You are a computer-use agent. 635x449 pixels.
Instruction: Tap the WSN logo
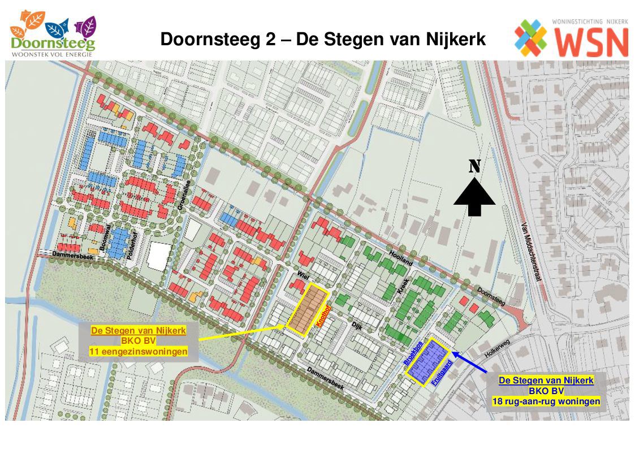[571, 37]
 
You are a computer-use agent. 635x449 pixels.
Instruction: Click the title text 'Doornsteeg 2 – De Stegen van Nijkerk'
[323, 40]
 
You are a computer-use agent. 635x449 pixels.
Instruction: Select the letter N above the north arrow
[474, 166]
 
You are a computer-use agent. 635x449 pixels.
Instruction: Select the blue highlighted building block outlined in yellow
[428, 361]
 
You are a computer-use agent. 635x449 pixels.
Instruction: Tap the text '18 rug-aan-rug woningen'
[546, 402]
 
